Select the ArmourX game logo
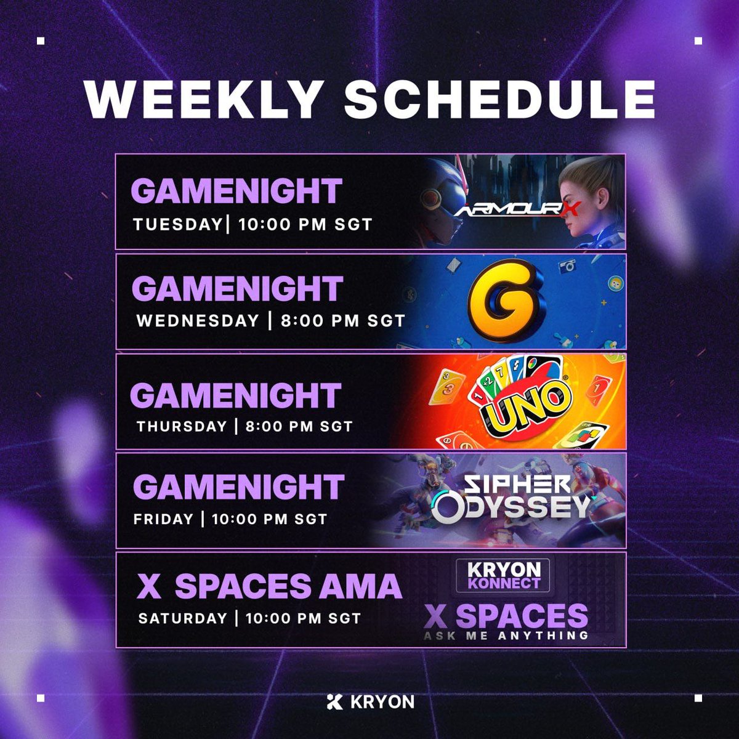pyautogui.click(x=517, y=211)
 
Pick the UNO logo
pyautogui.click(x=528, y=403)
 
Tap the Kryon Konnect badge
pyautogui.click(x=503, y=575)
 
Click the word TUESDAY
pyautogui.click(x=177, y=224)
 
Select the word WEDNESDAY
pyautogui.click(x=198, y=321)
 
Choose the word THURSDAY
pyautogui.click(x=182, y=426)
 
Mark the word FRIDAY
pyautogui.click(x=163, y=519)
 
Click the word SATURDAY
pyautogui.click(x=182, y=618)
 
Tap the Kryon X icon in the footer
pyautogui.click(x=334, y=701)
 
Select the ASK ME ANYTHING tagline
pyautogui.click(x=506, y=636)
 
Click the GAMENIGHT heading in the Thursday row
pyautogui.click(x=235, y=395)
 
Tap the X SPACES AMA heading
pyautogui.click(x=269, y=586)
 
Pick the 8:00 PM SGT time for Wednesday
pyautogui.click(x=342, y=321)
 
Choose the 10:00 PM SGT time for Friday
pyautogui.click(x=269, y=519)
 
